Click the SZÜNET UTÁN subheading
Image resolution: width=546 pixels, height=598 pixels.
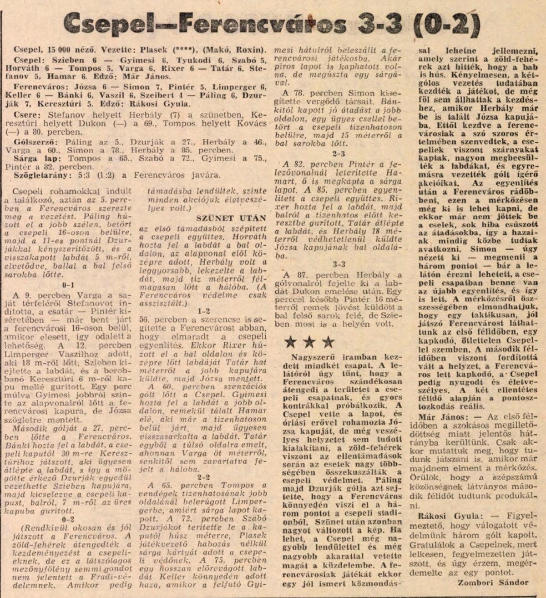point(224,218)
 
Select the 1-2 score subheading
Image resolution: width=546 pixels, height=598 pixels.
point(203,311)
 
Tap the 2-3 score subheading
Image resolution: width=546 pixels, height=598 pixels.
point(339,154)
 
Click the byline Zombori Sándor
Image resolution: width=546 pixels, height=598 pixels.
point(493,583)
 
